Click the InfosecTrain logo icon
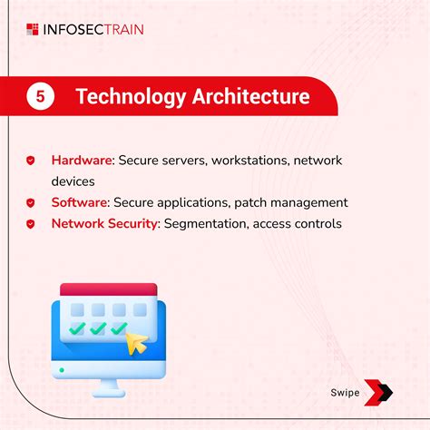pyautogui.click(x=34, y=29)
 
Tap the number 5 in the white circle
pyautogui.click(x=40, y=97)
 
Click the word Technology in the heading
pyautogui.click(x=128, y=97)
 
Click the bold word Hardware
pyautogui.click(x=80, y=161)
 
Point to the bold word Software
pyautogui.click(x=78, y=202)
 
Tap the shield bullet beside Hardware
pyautogui.click(x=31, y=161)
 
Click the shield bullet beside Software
pyautogui.click(x=31, y=202)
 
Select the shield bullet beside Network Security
pyautogui.click(x=31, y=223)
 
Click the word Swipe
pyautogui.click(x=345, y=393)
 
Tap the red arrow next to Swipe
pyautogui.click(x=378, y=392)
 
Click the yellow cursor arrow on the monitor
pyautogui.click(x=136, y=342)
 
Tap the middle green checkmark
pyautogui.click(x=97, y=329)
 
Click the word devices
pyautogui.click(x=73, y=181)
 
